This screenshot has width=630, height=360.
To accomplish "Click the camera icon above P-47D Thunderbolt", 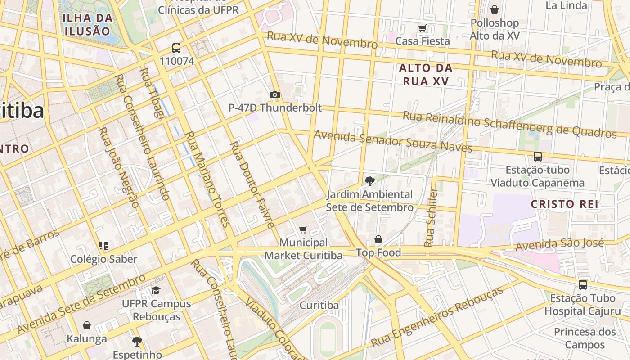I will tap(275, 94).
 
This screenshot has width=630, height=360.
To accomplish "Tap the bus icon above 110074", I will tap(176, 48).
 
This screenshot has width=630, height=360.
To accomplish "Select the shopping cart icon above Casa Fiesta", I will tap(422, 28).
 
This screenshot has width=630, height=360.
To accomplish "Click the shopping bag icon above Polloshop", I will tap(495, 9).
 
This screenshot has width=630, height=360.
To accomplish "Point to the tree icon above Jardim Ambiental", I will tap(369, 181).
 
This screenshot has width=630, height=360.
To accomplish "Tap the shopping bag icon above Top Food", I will tap(378, 239).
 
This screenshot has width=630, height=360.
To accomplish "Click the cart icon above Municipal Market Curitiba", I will tap(303, 230).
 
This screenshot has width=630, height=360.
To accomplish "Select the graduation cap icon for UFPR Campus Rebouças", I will tap(156, 290).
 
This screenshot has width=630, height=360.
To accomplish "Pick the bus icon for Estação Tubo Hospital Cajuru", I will tap(583, 284).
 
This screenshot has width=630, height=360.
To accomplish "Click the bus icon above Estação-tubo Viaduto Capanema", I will tap(537, 157).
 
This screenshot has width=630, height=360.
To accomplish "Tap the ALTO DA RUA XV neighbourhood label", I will tap(426, 75).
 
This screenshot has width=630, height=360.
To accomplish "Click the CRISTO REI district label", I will tap(565, 204).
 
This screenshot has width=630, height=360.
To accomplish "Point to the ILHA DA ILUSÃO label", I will tap(87, 25).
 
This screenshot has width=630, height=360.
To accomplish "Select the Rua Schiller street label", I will tap(431, 217).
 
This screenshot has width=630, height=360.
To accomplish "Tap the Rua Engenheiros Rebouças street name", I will tap(436, 317).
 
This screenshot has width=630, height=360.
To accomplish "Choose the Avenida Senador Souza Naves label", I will tap(393, 141).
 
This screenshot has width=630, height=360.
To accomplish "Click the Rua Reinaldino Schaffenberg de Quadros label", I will tap(509, 124).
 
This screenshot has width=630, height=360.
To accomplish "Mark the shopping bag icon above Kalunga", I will tap(87, 325).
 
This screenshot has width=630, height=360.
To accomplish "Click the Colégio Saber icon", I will tap(103, 246).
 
